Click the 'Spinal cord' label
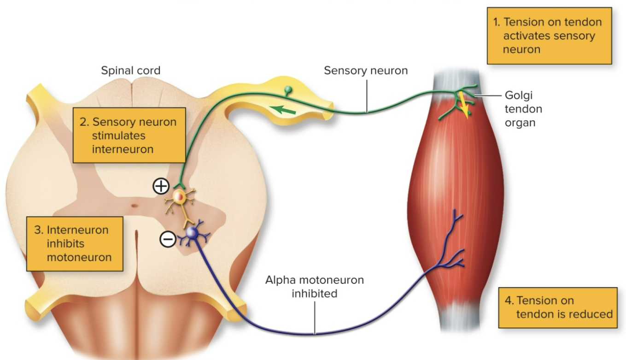(x=131, y=71)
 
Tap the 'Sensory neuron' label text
(x=366, y=71)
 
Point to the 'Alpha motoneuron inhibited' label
(x=314, y=286)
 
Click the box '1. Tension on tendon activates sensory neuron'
(x=549, y=36)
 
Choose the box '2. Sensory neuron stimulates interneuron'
(x=129, y=136)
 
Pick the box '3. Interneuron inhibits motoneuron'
(x=75, y=243)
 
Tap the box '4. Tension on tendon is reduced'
(x=557, y=307)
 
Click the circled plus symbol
(x=161, y=186)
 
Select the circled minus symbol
(x=168, y=239)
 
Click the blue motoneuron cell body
(x=192, y=234)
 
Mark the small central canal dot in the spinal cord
(x=133, y=206)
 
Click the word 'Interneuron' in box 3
(x=71, y=230)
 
